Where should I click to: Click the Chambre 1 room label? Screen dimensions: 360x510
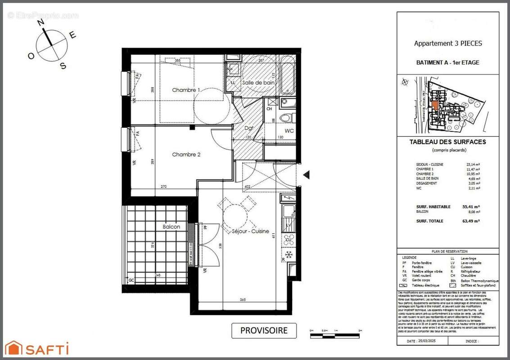point(186,90)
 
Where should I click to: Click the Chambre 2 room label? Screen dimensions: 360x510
point(186,154)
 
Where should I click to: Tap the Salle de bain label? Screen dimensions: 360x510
point(258,83)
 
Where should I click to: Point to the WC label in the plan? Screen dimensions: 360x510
point(289,131)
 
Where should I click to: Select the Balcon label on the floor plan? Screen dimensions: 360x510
point(171,227)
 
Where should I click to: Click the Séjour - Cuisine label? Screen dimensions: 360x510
point(250,231)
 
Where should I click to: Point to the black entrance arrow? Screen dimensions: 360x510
point(307,174)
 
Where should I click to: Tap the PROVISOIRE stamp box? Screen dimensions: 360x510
point(264,330)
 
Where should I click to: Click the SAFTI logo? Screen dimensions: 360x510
point(37,348)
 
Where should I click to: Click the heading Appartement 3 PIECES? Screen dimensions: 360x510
point(447,44)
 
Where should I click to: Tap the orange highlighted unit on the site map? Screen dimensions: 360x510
point(435,106)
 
